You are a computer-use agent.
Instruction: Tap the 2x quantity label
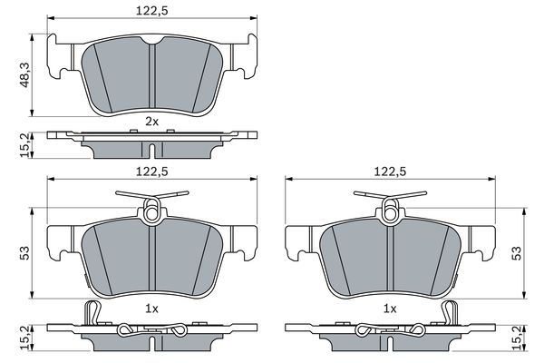point(151,120)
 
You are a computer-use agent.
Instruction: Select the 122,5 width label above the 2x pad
point(151,11)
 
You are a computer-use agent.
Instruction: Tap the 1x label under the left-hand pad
point(151,309)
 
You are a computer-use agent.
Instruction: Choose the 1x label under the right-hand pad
point(391,309)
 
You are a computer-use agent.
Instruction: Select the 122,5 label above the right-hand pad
point(391,168)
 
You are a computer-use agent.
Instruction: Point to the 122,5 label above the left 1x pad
point(151,168)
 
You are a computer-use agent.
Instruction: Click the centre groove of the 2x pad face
point(151,77)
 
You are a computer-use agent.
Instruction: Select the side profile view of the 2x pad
point(151,141)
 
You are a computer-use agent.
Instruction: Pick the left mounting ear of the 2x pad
point(60,56)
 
